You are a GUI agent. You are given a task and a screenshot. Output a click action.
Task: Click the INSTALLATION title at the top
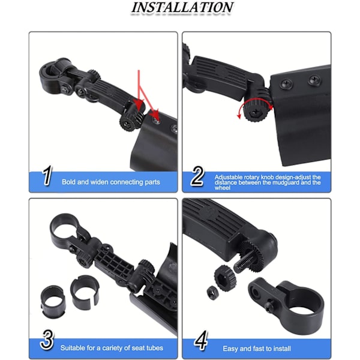pyautogui.click(x=182, y=7)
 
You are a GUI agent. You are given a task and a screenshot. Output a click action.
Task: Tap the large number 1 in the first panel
pyautogui.click(x=47, y=175)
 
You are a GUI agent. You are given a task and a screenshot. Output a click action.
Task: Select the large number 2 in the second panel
pyautogui.click(x=197, y=176)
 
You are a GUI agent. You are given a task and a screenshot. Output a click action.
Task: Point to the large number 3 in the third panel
pyautogui.click(x=47, y=340)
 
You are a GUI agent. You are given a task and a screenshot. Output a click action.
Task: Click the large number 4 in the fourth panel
pyautogui.click(x=201, y=340)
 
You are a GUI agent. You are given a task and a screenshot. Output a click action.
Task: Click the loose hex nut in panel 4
pyautogui.click(x=212, y=293)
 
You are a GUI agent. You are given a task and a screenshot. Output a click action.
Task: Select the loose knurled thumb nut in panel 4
pyautogui.click(x=225, y=278)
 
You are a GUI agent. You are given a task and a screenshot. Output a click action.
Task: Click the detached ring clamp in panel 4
pyautogui.click(x=286, y=301)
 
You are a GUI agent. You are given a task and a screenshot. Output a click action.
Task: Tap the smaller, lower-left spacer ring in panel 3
pyautogui.click(x=53, y=301)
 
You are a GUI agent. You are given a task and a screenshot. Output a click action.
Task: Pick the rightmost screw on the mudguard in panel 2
pyautogui.click(x=314, y=81)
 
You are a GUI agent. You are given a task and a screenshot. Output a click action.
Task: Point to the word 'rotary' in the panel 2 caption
pyautogui.click(x=252, y=177)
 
